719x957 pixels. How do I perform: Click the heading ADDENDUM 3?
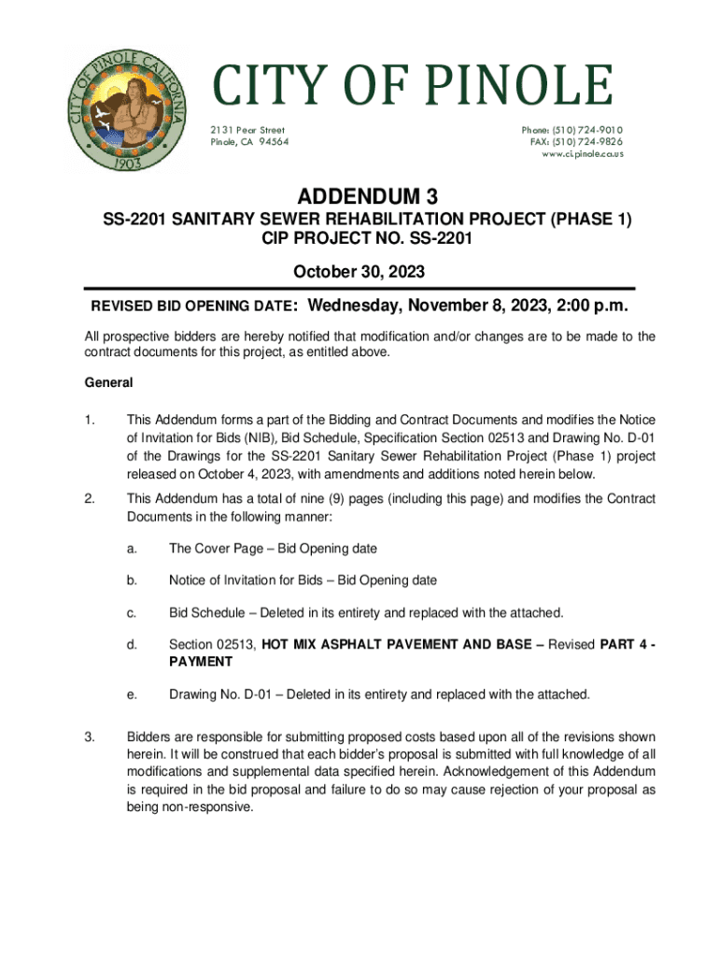pyautogui.click(x=359, y=197)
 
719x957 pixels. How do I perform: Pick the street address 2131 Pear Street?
pyautogui.click(x=247, y=130)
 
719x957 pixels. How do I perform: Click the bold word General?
pyautogui.click(x=109, y=382)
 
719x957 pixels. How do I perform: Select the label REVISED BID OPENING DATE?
pyautogui.click(x=192, y=307)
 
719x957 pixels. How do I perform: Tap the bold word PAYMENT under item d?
pyautogui.click(x=200, y=661)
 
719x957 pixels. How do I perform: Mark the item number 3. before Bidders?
pyautogui.click(x=90, y=737)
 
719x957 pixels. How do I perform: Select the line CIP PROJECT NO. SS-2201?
pyautogui.click(x=359, y=240)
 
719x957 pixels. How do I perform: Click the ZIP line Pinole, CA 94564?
pyautogui.click(x=249, y=141)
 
